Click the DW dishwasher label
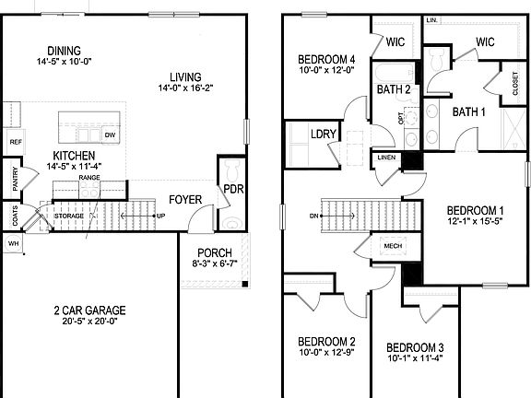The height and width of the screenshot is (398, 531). [110, 135]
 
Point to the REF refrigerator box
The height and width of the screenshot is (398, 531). [15, 142]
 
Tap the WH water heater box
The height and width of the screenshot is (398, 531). [13, 242]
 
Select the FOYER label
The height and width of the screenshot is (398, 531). [185, 200]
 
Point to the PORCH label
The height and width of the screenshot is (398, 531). [212, 252]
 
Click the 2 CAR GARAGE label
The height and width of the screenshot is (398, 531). [90, 310]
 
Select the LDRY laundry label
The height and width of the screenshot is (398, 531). [324, 134]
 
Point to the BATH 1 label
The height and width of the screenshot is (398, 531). [468, 111]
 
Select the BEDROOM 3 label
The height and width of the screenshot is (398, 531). [415, 347]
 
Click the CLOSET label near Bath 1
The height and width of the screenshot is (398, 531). [513, 84]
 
